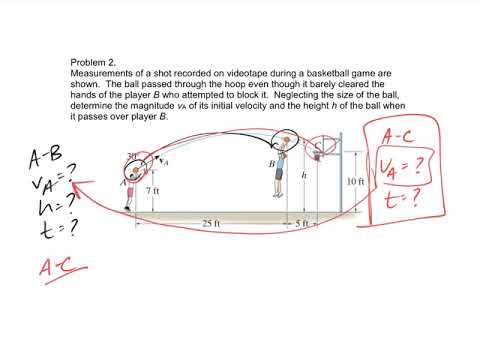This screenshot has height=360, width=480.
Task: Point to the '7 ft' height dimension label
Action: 152,189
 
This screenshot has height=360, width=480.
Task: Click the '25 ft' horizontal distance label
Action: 210,223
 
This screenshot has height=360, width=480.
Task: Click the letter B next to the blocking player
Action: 270,163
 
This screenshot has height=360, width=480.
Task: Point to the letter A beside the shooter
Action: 123,183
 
